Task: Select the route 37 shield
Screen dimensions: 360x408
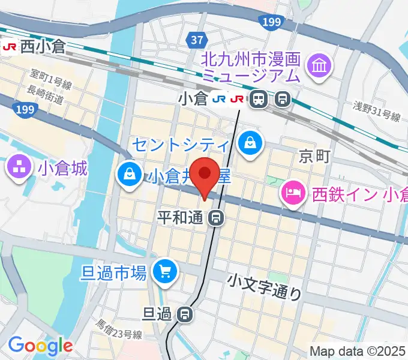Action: [198, 40]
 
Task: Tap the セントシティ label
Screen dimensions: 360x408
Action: [180, 144]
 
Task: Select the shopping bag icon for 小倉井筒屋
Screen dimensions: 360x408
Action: [129, 175]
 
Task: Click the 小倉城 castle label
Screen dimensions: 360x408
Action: [62, 167]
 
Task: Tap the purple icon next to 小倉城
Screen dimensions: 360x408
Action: [19, 167]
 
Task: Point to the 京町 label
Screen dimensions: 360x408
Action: [314, 157]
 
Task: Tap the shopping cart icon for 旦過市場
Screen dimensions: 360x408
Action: [164, 273]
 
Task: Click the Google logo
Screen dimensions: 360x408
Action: [40, 346]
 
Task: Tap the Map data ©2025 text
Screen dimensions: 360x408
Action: [357, 350]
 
